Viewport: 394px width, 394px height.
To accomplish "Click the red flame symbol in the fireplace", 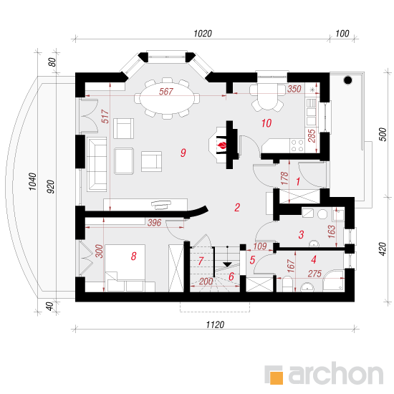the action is click(222, 145).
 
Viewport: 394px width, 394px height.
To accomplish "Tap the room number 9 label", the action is click(183, 153).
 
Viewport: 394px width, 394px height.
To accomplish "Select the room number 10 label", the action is click(266, 123).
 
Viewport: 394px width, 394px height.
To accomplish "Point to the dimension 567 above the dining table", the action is click(166, 92).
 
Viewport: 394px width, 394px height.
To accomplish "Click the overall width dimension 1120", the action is click(215, 325).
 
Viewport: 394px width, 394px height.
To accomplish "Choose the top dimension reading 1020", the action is click(203, 34).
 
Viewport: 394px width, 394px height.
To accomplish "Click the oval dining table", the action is click(167, 98).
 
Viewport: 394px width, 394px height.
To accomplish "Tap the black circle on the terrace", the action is click(347, 80).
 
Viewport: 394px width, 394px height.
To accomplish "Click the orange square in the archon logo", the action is click(277, 378).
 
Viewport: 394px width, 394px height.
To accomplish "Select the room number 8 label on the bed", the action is click(134, 256).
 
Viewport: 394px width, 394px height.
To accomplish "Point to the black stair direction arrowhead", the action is click(227, 264).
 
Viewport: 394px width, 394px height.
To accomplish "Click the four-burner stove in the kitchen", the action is click(297, 145).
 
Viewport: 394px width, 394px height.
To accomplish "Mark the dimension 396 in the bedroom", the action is click(154, 223).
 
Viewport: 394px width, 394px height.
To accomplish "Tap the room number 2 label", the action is click(237, 208).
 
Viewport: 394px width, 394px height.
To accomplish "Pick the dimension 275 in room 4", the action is click(314, 274).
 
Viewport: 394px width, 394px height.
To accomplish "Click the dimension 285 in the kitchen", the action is click(312, 135).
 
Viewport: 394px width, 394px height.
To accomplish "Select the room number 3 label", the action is click(301, 235).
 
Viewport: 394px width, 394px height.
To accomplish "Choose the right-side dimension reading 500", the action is click(383, 135).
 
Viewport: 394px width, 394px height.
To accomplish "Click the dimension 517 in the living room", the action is click(105, 116).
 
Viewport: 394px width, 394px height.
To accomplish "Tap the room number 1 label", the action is click(298, 181).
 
